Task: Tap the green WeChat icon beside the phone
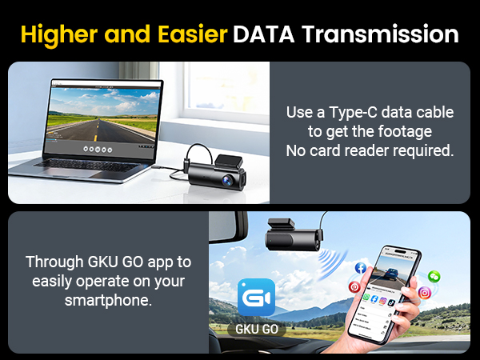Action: pos(434,276)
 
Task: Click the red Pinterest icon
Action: pos(353,287)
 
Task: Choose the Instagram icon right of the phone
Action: pos(425,293)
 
